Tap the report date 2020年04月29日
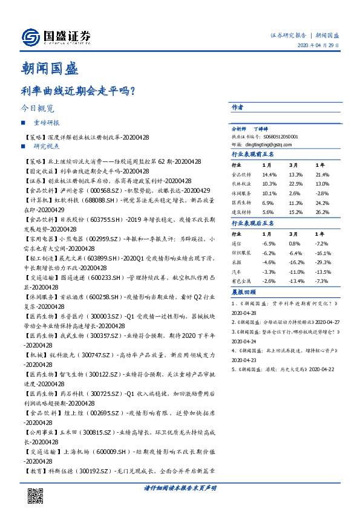(318, 46)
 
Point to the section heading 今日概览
(37, 109)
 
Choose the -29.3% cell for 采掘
(324, 262)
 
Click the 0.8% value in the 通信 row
(295, 243)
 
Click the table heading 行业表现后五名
(253, 224)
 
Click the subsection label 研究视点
(47, 146)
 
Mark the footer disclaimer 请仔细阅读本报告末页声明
(180, 487)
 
